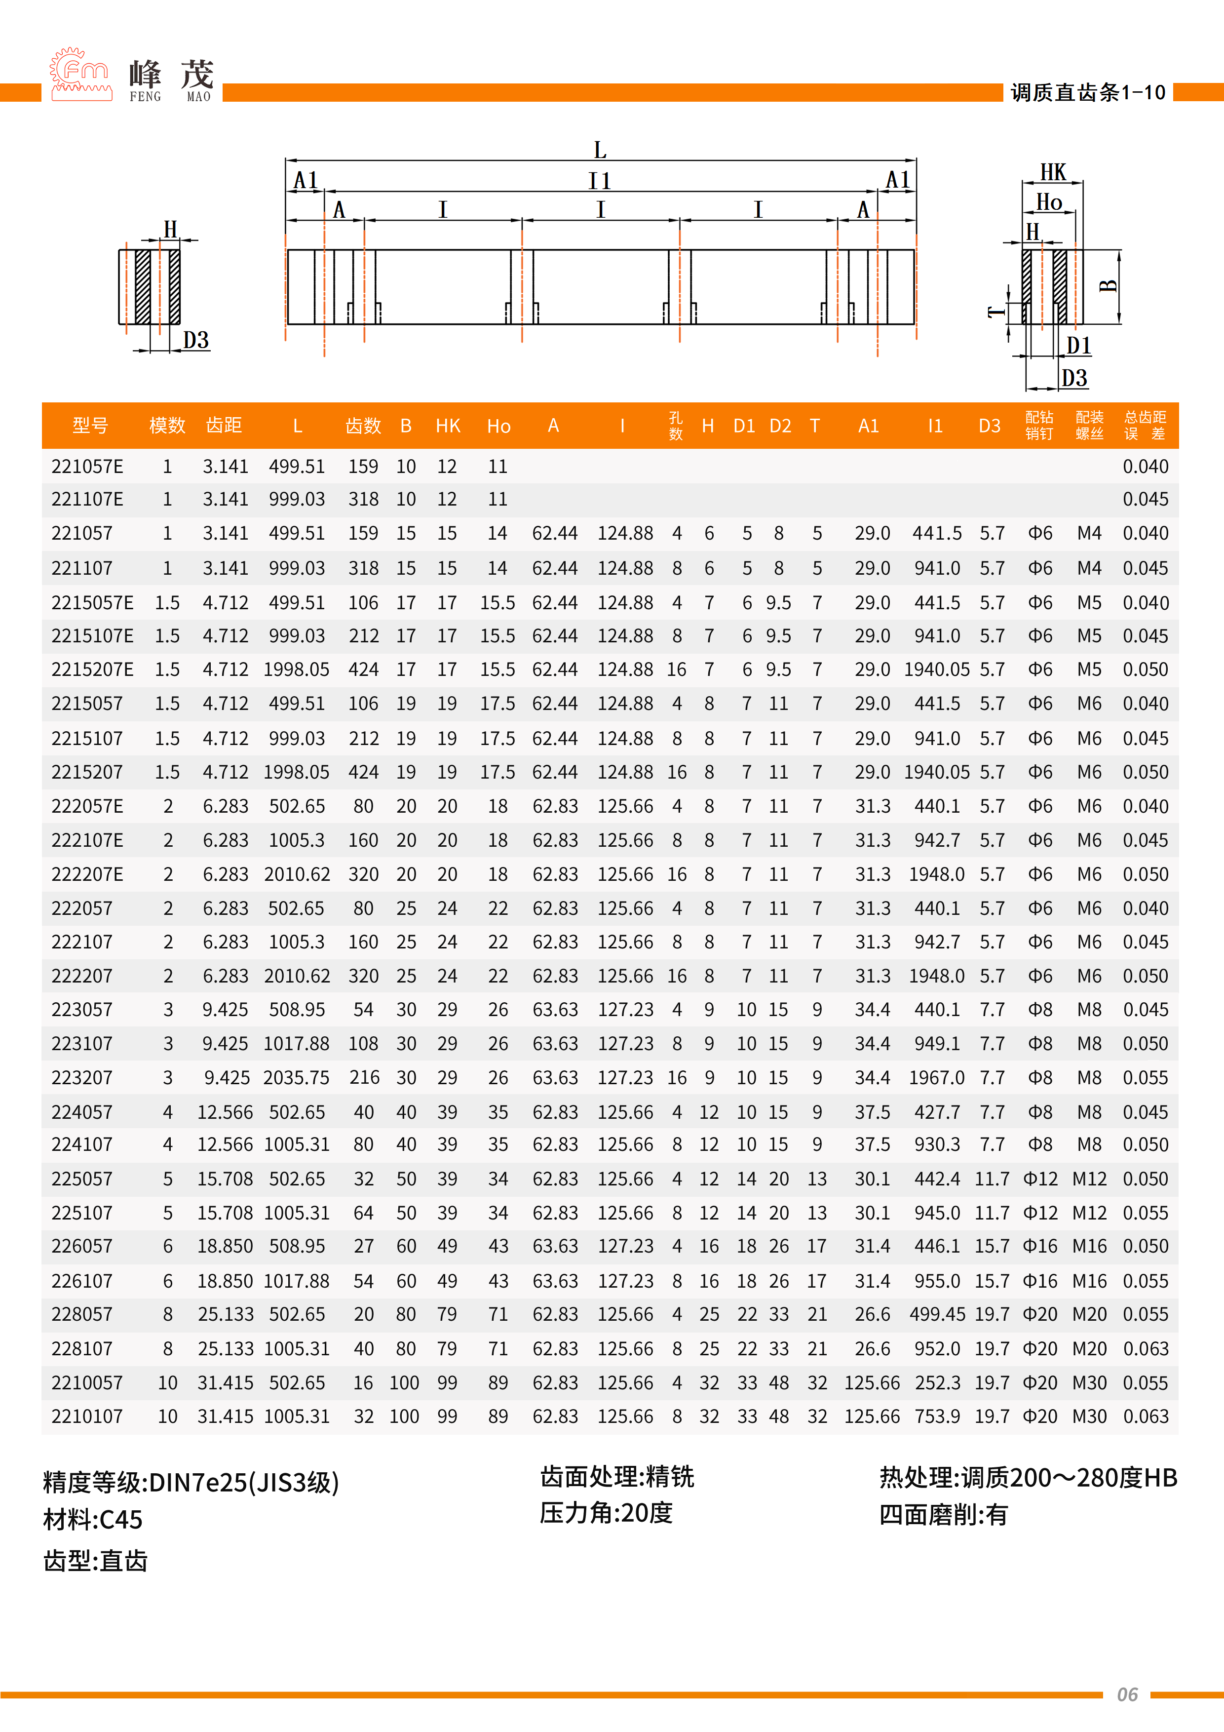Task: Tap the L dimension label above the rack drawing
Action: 600,150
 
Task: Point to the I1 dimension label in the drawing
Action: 600,181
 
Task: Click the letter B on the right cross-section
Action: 1108,286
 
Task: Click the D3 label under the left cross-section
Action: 196,340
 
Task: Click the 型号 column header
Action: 90,426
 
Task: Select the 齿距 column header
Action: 224,426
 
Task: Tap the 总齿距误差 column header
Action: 1145,426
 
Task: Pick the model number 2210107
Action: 87,1416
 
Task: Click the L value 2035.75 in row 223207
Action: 297,1077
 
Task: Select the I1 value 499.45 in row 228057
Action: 937,1314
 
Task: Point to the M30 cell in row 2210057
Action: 1089,1383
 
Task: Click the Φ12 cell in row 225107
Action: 1040,1213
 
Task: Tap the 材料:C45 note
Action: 93,1519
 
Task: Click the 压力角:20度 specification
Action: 606,1512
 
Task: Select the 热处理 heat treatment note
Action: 1028,1478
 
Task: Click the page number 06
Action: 1127,1694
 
